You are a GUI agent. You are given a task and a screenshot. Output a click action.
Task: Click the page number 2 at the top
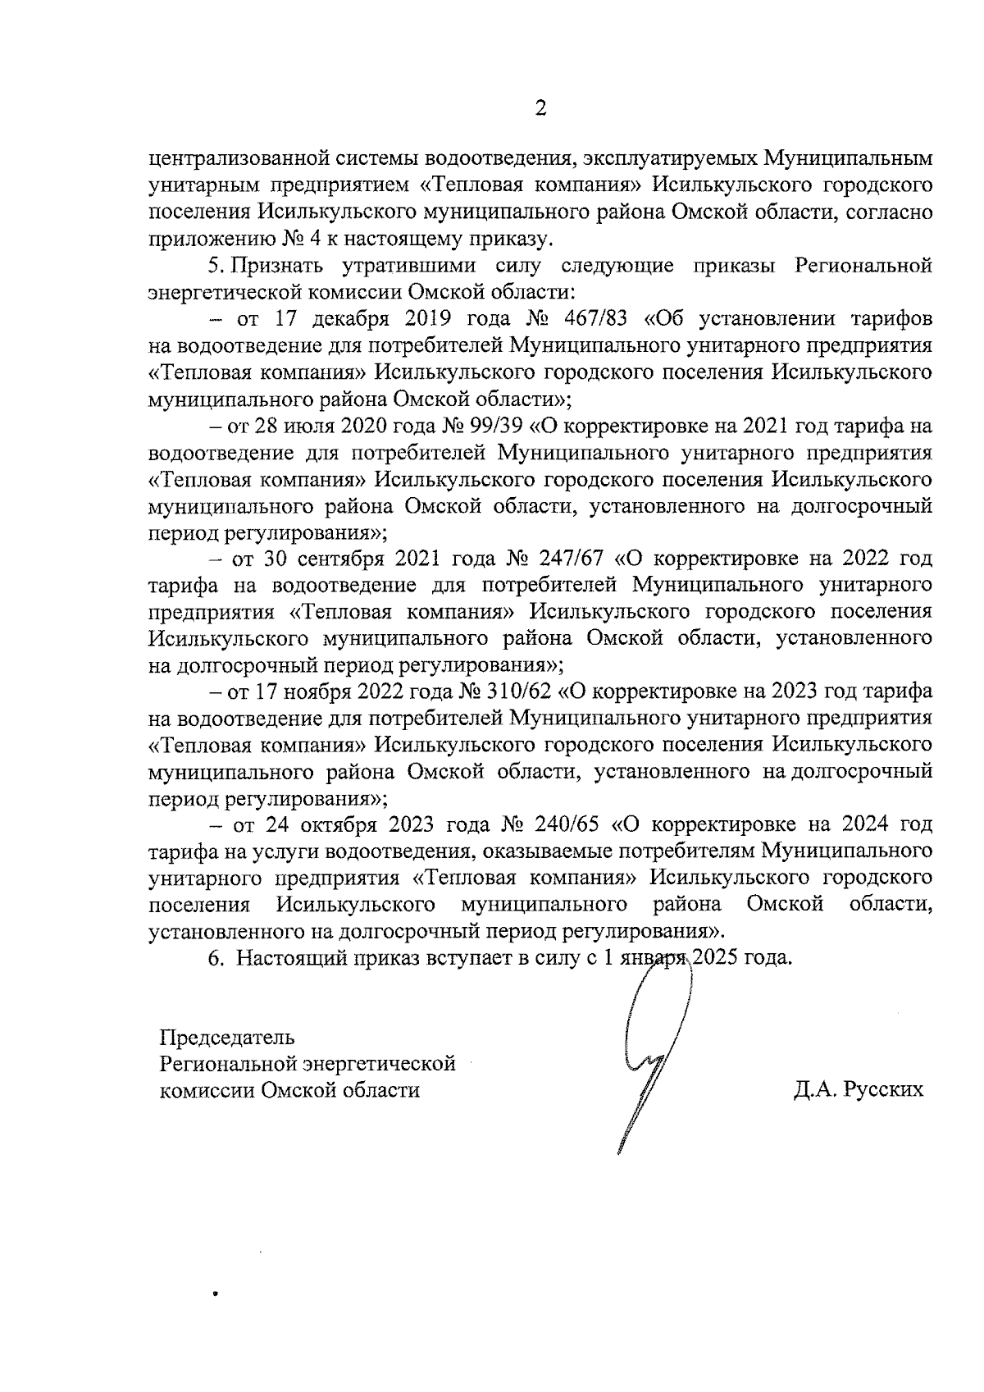pyautogui.click(x=540, y=108)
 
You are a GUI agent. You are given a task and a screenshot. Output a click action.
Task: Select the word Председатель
pyautogui.click(x=226, y=1037)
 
